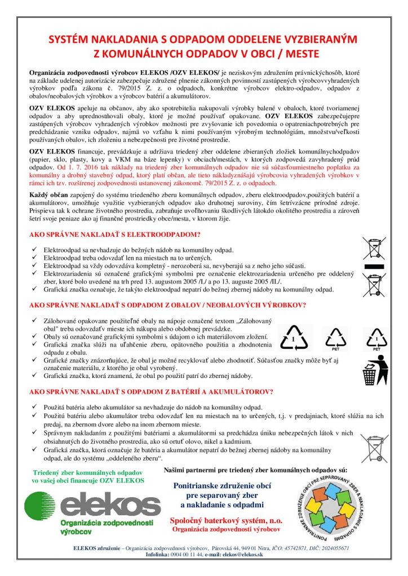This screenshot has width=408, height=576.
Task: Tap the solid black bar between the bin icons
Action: tap(374, 264)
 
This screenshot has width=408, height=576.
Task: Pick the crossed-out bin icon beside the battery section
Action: tap(374, 448)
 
